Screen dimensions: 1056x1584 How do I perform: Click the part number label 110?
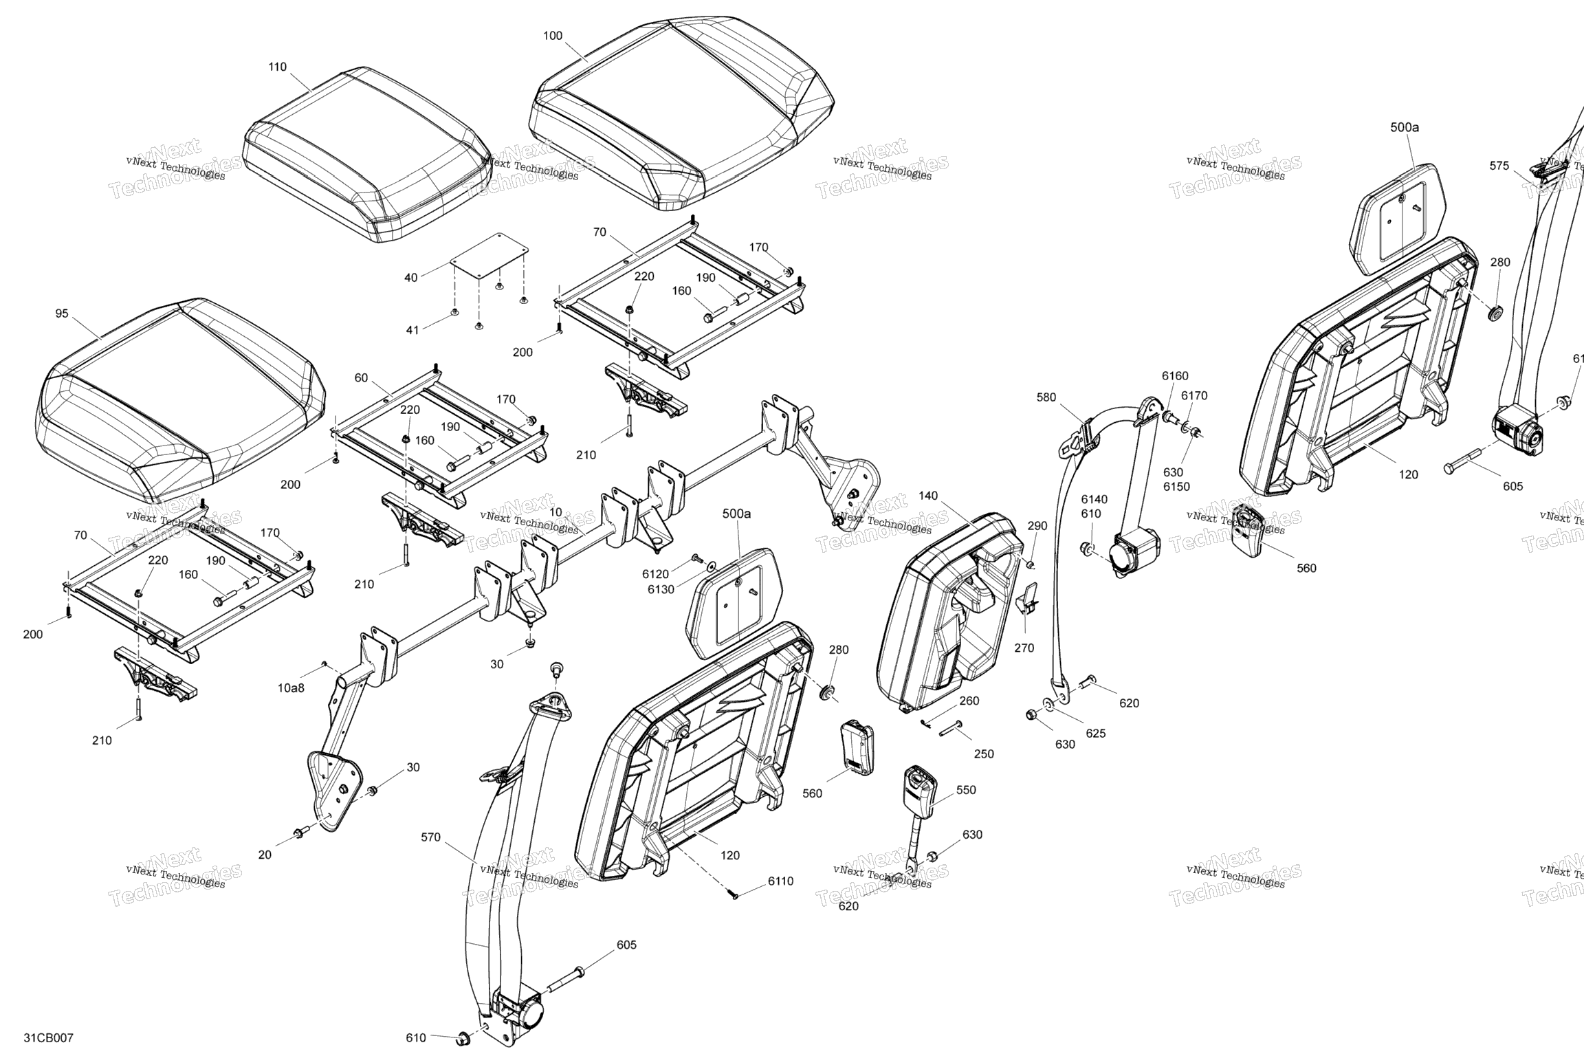[277, 67]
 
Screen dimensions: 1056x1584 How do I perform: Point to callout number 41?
[412, 330]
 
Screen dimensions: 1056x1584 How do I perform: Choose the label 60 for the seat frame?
[361, 377]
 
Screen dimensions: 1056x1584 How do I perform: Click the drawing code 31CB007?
[48, 1037]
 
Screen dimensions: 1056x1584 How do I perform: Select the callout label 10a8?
[291, 687]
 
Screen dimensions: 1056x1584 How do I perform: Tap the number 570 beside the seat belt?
[431, 837]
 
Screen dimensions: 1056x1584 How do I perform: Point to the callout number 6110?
[780, 881]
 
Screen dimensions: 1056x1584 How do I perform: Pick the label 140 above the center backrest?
[927, 495]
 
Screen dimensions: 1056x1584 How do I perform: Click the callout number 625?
[1095, 734]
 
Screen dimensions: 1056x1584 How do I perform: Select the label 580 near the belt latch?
[1046, 397]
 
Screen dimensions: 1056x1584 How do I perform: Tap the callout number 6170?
[1194, 395]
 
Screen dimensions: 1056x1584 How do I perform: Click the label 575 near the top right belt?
[1499, 166]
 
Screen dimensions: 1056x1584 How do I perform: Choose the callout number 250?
[984, 753]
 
